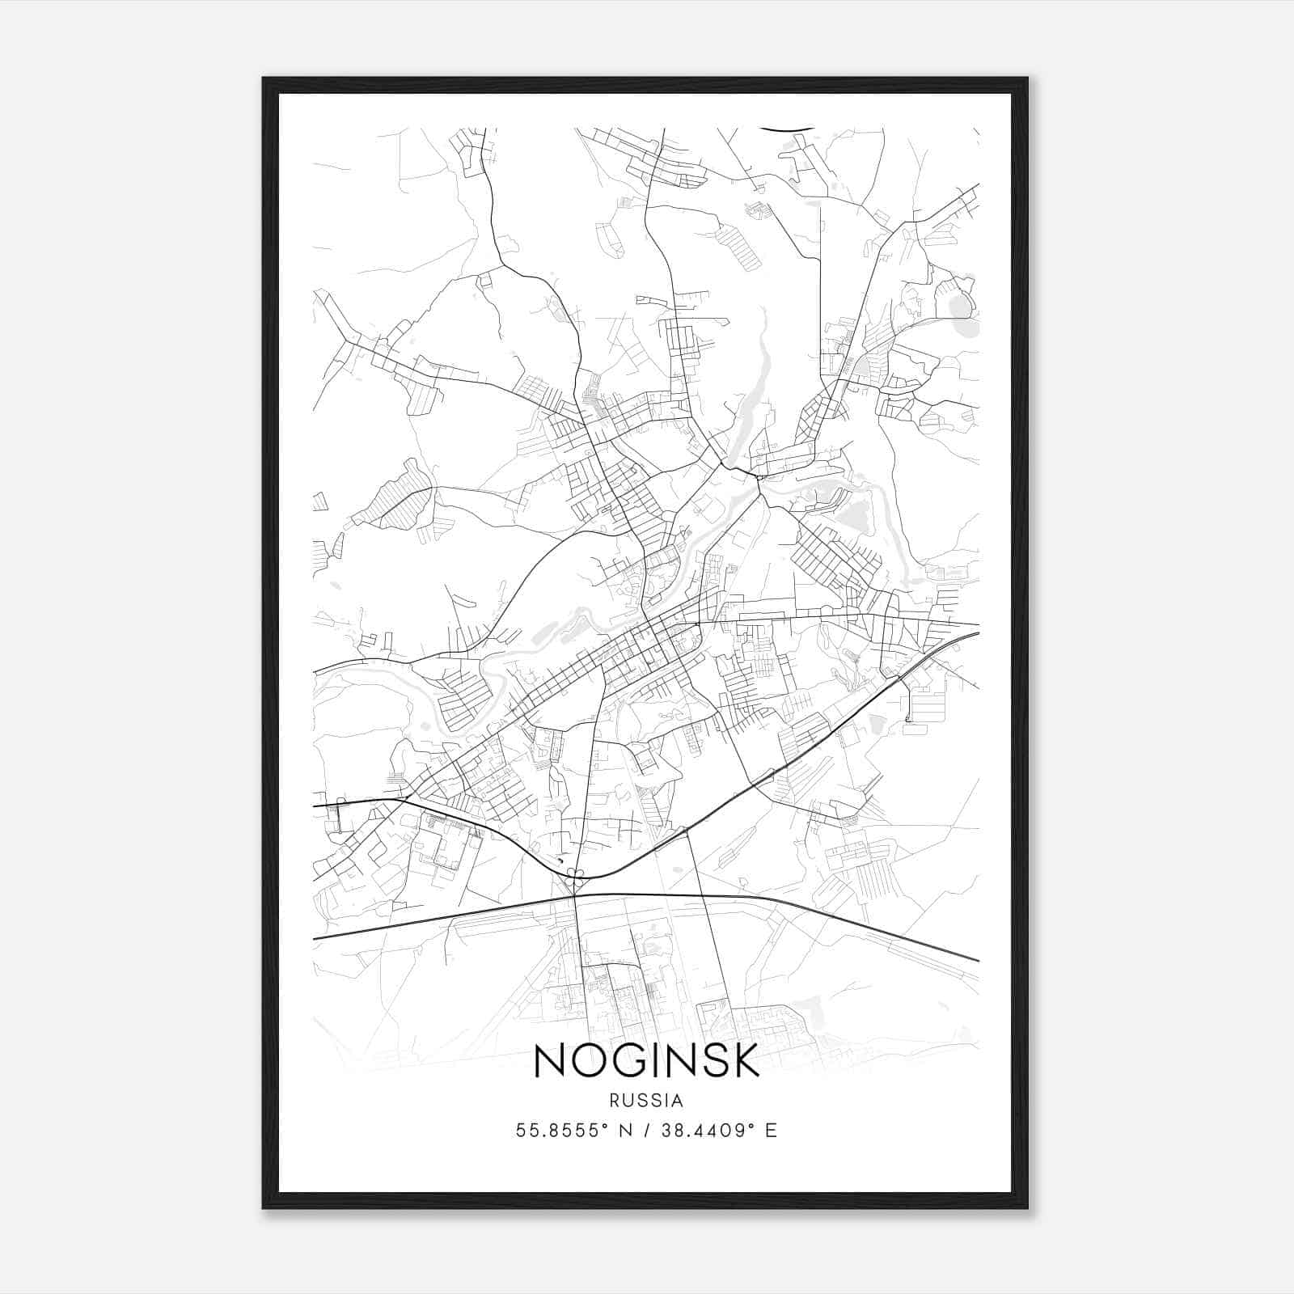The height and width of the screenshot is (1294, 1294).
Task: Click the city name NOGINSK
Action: pos(646,1060)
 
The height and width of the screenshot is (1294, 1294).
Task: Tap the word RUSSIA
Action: pos(646,1101)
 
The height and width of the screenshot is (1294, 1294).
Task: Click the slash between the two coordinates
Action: pos(645,1131)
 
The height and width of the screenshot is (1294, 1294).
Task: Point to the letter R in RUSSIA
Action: pos(615,1101)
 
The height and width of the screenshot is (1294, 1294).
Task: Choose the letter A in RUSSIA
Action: pos(678,1101)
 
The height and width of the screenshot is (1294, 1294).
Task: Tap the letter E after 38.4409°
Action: pos(771,1131)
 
